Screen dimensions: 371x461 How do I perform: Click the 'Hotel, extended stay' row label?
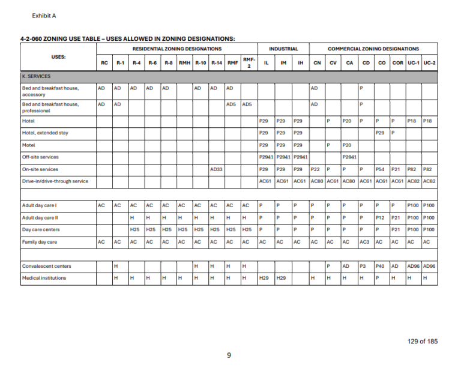pyautogui.click(x=46, y=133)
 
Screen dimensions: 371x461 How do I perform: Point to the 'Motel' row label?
pyautogui.click(x=28, y=145)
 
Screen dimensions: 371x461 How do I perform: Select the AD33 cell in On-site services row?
pyautogui.click(x=217, y=169)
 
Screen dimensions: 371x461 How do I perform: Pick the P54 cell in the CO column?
pyautogui.click(x=380, y=169)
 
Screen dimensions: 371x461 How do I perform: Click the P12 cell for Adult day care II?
pyautogui.click(x=380, y=217)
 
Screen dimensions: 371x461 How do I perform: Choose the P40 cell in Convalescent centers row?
pyautogui.click(x=380, y=266)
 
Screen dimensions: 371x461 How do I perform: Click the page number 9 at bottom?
pyautogui.click(x=229, y=355)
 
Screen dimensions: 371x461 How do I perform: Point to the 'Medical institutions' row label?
pyautogui.click(x=44, y=278)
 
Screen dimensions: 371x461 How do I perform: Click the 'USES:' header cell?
pyautogui.click(x=58, y=57)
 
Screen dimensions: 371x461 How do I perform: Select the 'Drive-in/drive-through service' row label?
pyautogui.click(x=55, y=181)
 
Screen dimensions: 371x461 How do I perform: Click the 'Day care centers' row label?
pyautogui.click(x=41, y=230)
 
